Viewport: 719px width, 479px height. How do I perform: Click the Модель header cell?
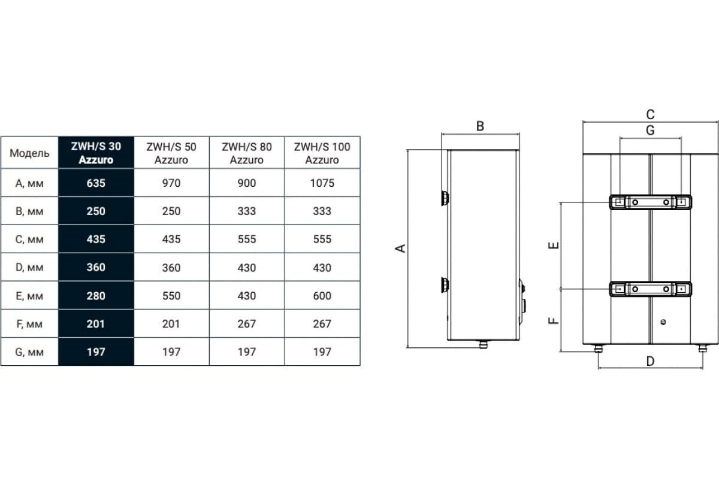(29, 153)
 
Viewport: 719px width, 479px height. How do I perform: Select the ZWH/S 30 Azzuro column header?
(96, 153)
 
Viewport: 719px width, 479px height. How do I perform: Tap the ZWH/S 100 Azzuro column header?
(322, 153)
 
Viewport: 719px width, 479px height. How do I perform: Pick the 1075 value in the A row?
(322, 183)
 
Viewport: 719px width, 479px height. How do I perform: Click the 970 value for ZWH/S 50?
(171, 183)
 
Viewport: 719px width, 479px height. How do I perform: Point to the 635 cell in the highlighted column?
(96, 183)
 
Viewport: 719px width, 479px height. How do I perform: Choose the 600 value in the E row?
(322, 296)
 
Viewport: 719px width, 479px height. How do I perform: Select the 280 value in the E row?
(96, 296)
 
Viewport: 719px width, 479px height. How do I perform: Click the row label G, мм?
(29, 352)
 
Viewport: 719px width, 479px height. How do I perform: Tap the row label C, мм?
(29, 239)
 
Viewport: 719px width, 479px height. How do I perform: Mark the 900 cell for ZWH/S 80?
(247, 183)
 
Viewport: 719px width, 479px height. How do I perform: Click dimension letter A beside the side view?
(401, 248)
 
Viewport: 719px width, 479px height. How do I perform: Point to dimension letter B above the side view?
(480, 126)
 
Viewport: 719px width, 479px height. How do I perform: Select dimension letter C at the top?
(650, 114)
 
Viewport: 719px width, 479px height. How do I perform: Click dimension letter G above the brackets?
(650, 131)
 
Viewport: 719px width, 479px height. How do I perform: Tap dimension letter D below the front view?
(650, 361)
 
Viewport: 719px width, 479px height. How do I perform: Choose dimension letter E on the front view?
(554, 245)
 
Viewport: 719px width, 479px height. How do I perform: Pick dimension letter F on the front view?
(554, 320)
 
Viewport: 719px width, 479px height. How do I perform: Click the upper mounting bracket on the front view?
(651, 202)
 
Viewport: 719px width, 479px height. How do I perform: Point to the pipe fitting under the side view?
(484, 344)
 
